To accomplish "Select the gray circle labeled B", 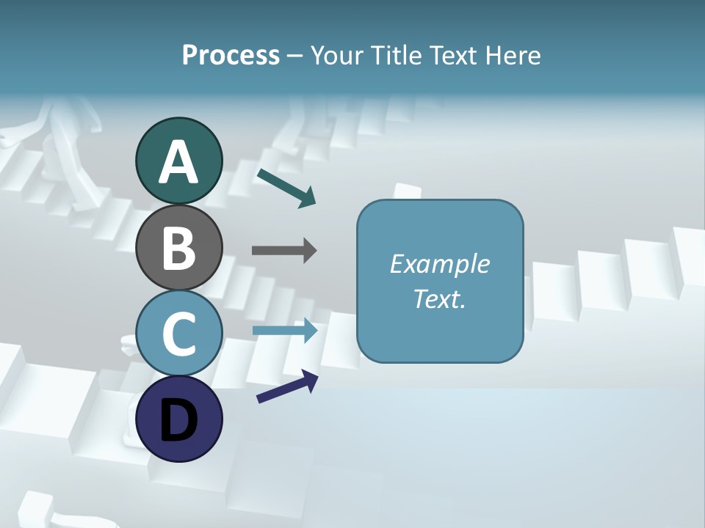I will tap(178, 247).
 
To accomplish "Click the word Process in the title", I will tap(231, 55).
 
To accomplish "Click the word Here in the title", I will tap(513, 55).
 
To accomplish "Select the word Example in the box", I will tap(439, 264).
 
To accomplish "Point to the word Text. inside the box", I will tap(439, 298).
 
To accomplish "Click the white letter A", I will tap(178, 163).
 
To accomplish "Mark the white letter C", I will tap(178, 334).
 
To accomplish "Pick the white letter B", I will tap(178, 248).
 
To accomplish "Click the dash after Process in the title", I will tap(294, 56).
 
